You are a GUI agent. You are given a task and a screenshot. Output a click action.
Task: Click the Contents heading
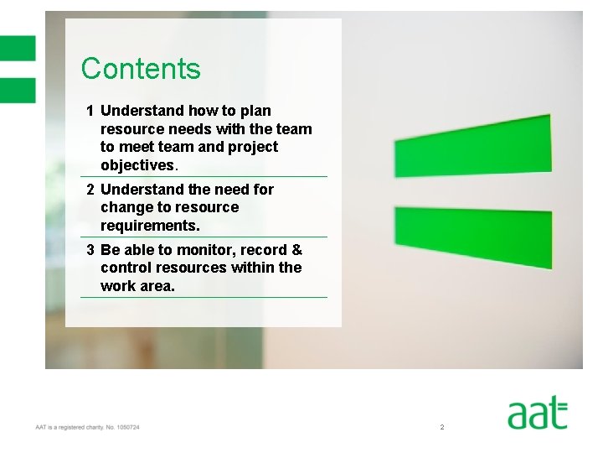[x=141, y=68]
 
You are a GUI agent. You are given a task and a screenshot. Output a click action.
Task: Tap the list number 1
[x=90, y=111]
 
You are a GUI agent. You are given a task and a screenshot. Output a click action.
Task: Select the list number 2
[x=90, y=190]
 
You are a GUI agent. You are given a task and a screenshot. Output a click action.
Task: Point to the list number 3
[x=90, y=250]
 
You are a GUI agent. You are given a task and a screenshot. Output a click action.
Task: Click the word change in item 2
[x=126, y=207]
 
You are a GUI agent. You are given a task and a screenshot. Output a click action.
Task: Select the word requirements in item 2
[x=150, y=226]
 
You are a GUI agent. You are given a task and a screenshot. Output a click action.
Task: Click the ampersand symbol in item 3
[x=296, y=250]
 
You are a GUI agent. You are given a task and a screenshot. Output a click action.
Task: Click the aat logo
[x=537, y=414]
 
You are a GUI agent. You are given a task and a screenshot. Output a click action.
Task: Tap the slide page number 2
[x=441, y=428]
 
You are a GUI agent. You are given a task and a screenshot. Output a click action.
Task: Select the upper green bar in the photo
[x=472, y=147]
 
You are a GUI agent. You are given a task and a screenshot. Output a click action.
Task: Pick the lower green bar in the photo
[x=472, y=237]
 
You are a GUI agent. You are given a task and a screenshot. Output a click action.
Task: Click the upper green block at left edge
[x=18, y=48]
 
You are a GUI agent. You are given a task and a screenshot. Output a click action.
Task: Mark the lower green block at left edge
[x=18, y=90]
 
